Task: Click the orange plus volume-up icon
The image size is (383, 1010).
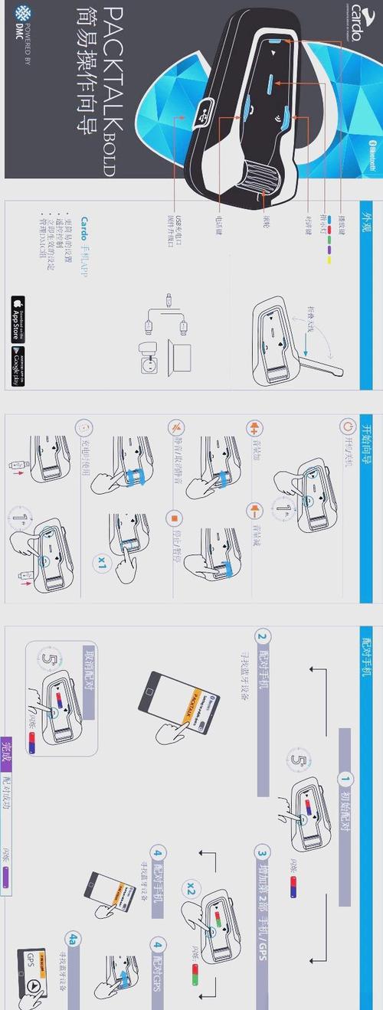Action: [252, 427]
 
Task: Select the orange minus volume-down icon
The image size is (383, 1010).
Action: [252, 489]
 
